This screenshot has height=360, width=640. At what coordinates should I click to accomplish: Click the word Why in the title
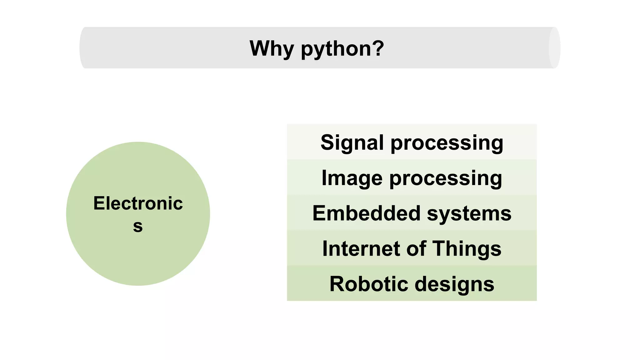pos(272,48)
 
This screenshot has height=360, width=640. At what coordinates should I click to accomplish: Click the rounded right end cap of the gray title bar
pos(554,48)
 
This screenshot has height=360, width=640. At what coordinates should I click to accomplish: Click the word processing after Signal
pos(447,143)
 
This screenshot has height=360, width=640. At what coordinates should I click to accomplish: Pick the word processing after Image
pos(446,179)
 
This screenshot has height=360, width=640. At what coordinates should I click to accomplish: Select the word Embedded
pos(366,213)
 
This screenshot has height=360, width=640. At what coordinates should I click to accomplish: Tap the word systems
pos(469,214)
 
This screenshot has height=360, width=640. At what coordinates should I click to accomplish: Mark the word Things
pos(467,249)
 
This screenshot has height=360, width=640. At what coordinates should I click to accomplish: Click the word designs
pos(454,285)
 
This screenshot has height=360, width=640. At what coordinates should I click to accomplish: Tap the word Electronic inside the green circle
pos(138,203)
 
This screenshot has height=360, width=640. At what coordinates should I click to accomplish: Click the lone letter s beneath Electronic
pos(138,226)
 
